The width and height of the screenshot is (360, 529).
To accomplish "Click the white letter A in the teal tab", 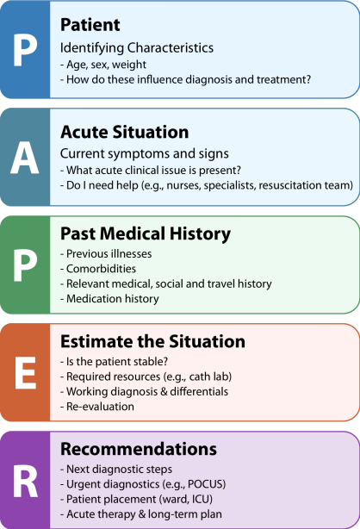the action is click(25, 158).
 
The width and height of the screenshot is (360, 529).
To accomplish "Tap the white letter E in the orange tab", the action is click(25, 373).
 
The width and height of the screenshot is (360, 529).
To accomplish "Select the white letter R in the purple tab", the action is click(26, 481).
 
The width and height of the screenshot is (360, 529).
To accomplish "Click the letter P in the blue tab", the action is click(25, 50).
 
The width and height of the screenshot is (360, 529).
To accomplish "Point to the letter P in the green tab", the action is click(25, 265).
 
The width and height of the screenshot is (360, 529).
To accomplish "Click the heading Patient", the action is click(90, 25).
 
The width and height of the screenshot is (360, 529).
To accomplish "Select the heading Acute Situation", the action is click(125, 132).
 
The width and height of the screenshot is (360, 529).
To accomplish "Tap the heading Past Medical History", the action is click(146, 233).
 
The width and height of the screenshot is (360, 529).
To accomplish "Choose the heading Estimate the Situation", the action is click(152, 341).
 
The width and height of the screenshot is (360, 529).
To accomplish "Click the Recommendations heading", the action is click(139, 449).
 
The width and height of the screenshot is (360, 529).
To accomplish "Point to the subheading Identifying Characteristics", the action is click(137, 48).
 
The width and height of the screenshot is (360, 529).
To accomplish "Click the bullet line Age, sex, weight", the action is click(106, 65).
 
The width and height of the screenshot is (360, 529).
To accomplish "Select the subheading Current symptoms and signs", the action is click(145, 154).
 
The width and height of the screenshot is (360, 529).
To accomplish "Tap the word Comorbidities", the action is click(101, 269).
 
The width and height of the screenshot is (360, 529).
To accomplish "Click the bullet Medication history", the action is click(112, 299).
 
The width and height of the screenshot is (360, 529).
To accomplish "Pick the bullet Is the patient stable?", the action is click(117, 361).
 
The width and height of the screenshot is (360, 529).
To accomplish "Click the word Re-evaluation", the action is click(100, 406).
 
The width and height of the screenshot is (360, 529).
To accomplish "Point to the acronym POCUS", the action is click(206, 484).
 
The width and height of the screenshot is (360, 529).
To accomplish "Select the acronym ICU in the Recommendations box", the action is click(202, 499).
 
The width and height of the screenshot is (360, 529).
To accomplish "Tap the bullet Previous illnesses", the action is click(109, 253).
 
